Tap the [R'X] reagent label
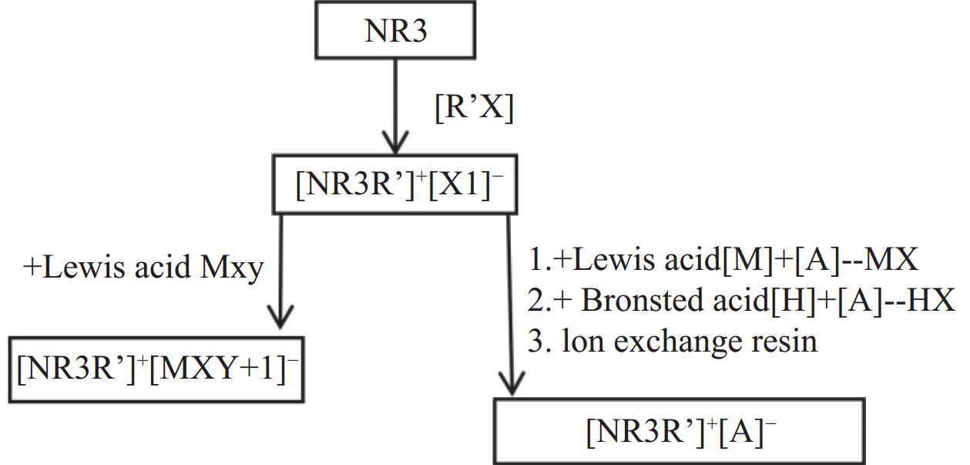473,107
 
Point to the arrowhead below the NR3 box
395,143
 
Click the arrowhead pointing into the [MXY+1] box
280,315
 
